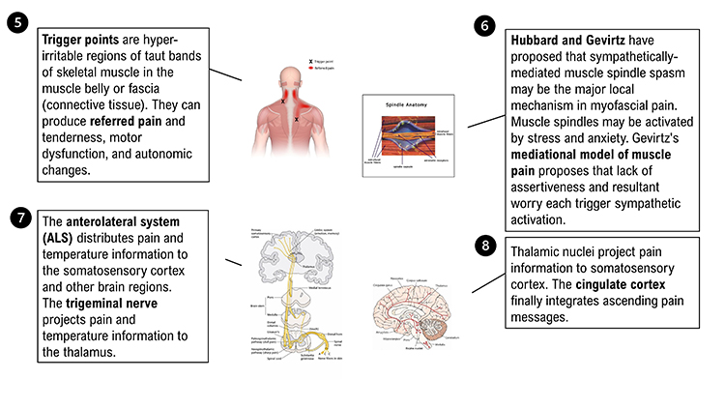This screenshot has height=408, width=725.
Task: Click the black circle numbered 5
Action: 19,21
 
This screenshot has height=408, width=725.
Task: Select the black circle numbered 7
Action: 19,217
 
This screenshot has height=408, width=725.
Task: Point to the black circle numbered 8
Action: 487,246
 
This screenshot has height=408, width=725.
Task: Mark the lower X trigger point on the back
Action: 296,119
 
